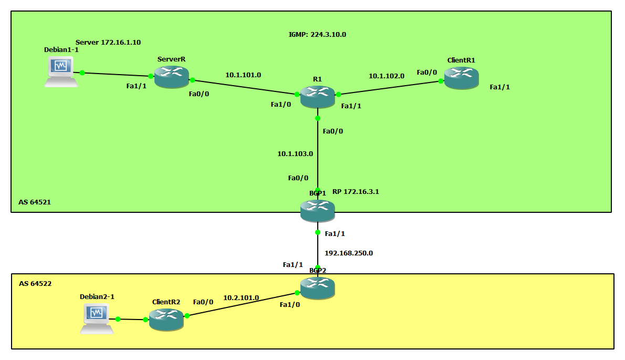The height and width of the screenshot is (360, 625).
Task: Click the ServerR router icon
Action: pyautogui.click(x=171, y=77)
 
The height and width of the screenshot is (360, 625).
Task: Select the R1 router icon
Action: pyautogui.click(x=317, y=97)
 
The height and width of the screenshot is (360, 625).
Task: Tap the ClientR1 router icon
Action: pyautogui.click(x=461, y=78)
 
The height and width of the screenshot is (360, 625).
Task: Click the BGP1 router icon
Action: pyautogui.click(x=317, y=211)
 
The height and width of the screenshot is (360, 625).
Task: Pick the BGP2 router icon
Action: pyautogui.click(x=317, y=288)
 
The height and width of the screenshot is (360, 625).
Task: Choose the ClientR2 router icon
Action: pyautogui.click(x=166, y=320)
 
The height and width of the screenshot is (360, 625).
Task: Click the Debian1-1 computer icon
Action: pyautogui.click(x=61, y=72)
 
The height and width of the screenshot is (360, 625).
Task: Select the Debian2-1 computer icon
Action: pyautogui.click(x=97, y=318)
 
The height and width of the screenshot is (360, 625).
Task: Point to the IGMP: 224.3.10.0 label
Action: pyautogui.click(x=317, y=35)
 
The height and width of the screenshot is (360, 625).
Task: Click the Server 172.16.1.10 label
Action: pyautogui.click(x=108, y=42)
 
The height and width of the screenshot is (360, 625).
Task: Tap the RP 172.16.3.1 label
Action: pyautogui.click(x=356, y=192)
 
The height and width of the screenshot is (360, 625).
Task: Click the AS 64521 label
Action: pyautogui.click(x=35, y=202)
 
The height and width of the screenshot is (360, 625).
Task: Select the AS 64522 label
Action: pyautogui.click(x=35, y=284)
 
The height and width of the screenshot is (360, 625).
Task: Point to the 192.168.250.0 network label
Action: pyautogui.click(x=349, y=253)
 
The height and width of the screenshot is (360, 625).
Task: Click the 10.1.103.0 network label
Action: pyautogui.click(x=295, y=154)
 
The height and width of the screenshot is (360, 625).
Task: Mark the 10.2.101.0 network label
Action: pyautogui.click(x=241, y=298)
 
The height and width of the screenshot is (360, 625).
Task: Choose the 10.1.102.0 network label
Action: pyautogui.click(x=386, y=76)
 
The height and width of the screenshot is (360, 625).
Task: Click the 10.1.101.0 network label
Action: pyautogui.click(x=243, y=75)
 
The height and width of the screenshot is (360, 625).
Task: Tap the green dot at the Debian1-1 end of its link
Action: pyautogui.click(x=82, y=73)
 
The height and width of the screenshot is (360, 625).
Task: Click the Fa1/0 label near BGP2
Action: pyautogui.click(x=290, y=305)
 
